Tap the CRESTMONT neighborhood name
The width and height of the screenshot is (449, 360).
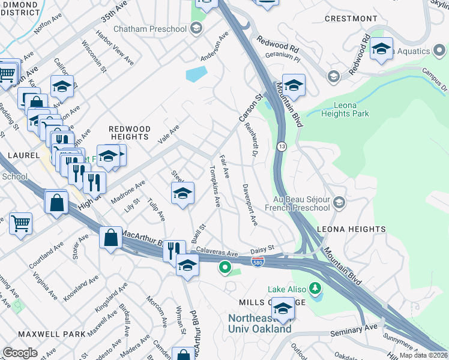click(351, 19)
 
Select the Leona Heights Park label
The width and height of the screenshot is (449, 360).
click(345, 109)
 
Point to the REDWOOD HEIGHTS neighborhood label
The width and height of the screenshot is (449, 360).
click(129, 133)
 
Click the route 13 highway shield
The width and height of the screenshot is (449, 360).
click(281, 146)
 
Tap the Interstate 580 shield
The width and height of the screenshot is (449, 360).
click(257, 263)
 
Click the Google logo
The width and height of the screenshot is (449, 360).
click(20, 353)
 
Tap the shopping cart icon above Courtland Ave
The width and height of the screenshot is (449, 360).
click(20, 223)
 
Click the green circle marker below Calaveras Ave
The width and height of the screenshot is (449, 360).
click(225, 268)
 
